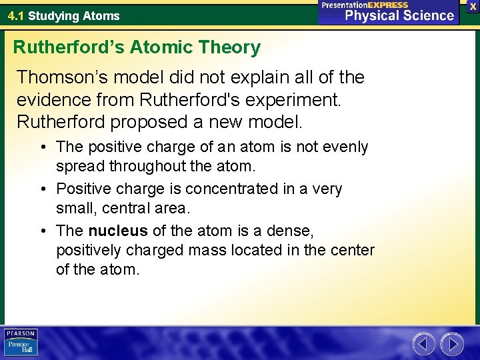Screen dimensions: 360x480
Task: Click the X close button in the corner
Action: [473, 5]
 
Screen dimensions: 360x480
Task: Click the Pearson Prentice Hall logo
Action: [21, 343]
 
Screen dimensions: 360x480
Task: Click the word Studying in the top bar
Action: [53, 15]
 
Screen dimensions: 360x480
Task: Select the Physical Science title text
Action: [398, 15]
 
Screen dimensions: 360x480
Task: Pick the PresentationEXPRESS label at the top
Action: [365, 5]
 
